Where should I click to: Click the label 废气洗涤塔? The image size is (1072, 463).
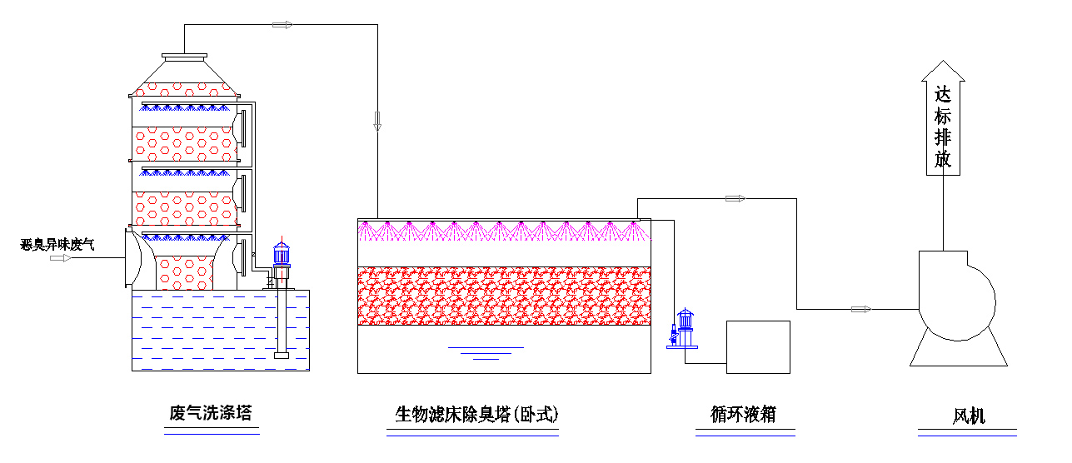pos(210,413)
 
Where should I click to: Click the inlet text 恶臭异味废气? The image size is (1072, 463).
pos(58,245)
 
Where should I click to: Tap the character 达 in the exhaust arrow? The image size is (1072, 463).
pos(943,94)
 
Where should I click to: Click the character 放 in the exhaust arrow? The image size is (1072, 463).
pos(943,159)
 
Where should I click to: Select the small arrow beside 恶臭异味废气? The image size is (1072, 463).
pos(61,258)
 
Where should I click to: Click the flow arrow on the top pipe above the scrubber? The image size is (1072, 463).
pos(283,25)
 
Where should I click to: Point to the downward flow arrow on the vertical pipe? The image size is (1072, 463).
pos(377,121)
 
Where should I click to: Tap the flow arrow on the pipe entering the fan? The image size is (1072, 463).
pos(860,310)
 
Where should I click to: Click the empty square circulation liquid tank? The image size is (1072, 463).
pos(758,346)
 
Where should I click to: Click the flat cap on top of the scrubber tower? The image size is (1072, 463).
pos(185,57)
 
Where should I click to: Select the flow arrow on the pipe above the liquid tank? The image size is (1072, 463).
pos(735,198)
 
